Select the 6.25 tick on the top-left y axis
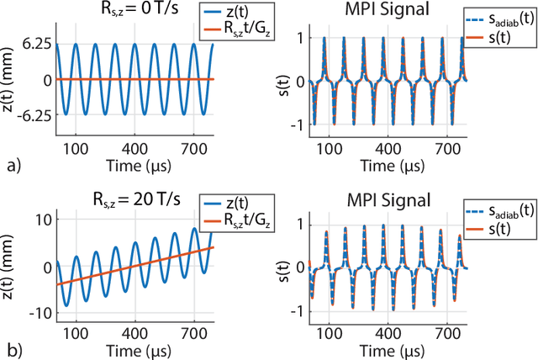point(34,44)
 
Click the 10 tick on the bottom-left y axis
point(40,220)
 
